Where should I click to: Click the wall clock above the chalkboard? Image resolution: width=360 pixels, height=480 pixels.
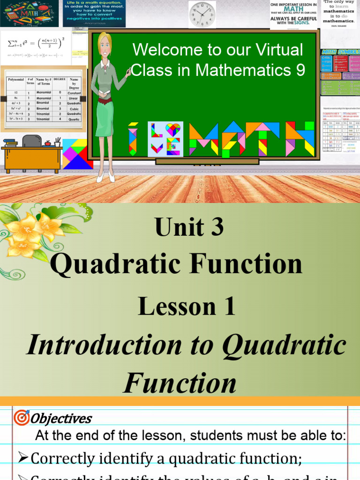coord(202,15)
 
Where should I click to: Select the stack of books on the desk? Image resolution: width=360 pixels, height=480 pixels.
coord(10,142)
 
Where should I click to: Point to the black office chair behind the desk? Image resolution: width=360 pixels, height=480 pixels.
coord(31,141)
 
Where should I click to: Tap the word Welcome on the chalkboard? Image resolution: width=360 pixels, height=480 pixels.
coord(159,50)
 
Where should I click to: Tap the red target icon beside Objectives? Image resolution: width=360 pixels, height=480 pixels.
coord(22,417)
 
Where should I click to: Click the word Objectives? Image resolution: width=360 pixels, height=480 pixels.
coord(61,418)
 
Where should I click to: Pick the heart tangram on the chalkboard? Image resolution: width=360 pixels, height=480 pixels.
coord(173,130)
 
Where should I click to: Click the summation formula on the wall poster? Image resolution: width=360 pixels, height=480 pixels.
coord(37,46)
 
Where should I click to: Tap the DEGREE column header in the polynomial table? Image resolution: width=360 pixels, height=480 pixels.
coord(60,80)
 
